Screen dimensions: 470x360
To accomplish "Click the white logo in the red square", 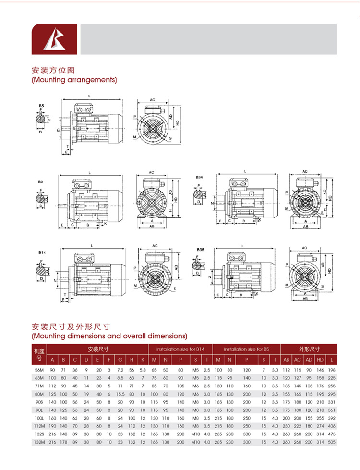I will click(x=55, y=39).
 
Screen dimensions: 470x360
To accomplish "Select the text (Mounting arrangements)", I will click(x=74, y=80).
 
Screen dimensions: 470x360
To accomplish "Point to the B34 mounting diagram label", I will click(x=199, y=177).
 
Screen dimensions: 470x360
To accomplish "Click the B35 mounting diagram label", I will click(x=200, y=250).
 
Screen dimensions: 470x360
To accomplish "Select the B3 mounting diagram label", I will click(x=40, y=182).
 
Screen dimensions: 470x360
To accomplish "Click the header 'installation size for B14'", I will click(x=180, y=349).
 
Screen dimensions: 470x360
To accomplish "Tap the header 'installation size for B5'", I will click(x=246, y=349).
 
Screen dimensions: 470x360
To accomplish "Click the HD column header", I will click(x=320, y=360).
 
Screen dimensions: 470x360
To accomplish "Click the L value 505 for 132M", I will click(x=331, y=442).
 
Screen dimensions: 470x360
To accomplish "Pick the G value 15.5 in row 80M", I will click(x=120, y=394).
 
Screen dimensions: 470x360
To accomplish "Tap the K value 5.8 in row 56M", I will click(x=143, y=370).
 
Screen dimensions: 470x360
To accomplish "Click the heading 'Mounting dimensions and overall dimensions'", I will click(x=109, y=336).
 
